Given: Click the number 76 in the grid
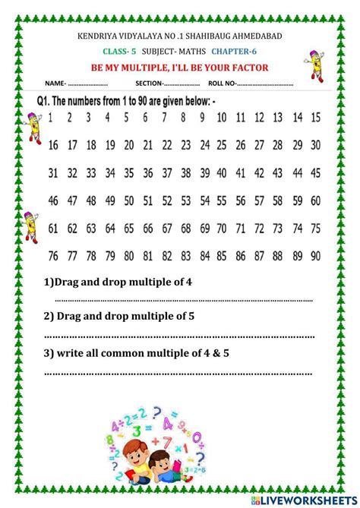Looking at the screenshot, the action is [x=52, y=254].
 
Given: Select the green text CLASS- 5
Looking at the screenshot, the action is [x=118, y=52].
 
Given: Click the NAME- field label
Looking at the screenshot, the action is [x=55, y=84].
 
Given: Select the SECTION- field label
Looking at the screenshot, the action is [x=150, y=84].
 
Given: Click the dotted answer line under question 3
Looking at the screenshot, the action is [x=178, y=374].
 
